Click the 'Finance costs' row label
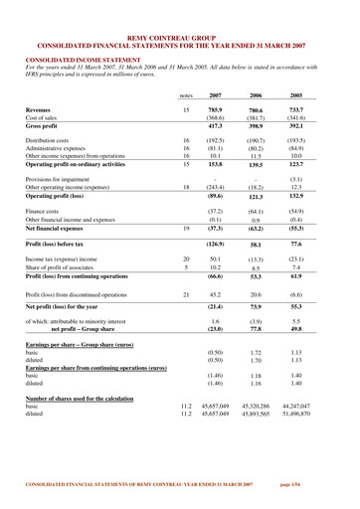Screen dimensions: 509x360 (x=45, y=212)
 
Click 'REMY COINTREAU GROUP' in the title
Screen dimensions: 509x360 (x=180, y=7)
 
